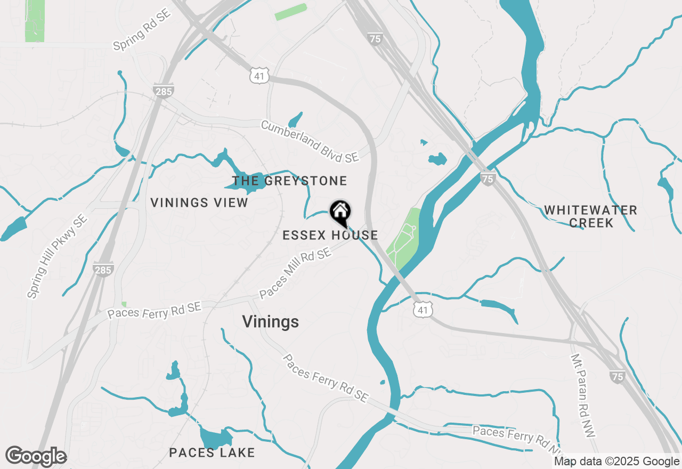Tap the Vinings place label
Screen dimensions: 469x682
[x=270, y=322]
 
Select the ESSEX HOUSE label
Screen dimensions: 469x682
[x=330, y=235]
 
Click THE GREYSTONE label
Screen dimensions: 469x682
[x=289, y=181]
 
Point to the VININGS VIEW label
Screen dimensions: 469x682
[x=199, y=203]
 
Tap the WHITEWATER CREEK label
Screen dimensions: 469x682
[x=590, y=216]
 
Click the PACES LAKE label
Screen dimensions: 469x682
[x=212, y=453]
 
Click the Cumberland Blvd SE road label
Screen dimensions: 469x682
[x=310, y=141]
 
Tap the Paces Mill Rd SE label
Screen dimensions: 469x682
[x=295, y=275]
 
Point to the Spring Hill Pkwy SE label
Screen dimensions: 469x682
[x=57, y=256]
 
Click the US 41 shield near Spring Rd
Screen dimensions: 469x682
[x=259, y=76]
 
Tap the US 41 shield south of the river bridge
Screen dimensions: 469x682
[x=423, y=310]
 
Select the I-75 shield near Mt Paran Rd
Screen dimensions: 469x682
[x=617, y=377]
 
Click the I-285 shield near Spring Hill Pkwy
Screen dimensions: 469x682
[x=102, y=270]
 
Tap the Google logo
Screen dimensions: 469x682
[x=36, y=456]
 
